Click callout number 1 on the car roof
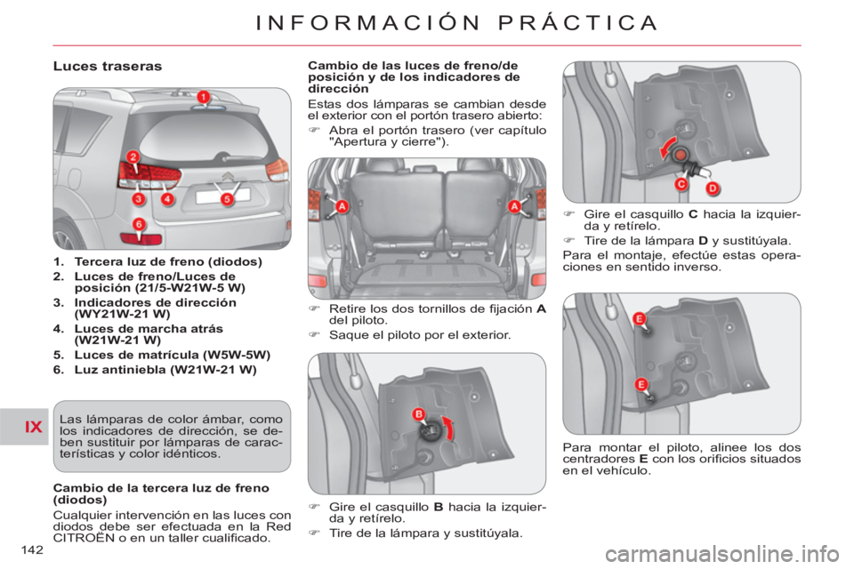coord(203,98)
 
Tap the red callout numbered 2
coord(133,157)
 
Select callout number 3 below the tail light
coord(139,199)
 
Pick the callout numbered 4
coord(167,199)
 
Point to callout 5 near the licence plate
coord(227,199)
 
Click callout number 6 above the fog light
coord(139,224)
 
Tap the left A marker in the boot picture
coord(342,206)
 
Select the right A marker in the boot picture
coord(515,206)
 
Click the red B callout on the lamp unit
coord(419,414)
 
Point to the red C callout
coord(681,184)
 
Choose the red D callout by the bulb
coord(713,189)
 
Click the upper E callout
coord(640,319)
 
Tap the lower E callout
coord(641,385)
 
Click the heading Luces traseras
coord(108,67)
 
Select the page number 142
coord(32,550)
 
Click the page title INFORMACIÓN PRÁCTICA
coord(456,23)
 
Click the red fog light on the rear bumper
coord(141,239)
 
